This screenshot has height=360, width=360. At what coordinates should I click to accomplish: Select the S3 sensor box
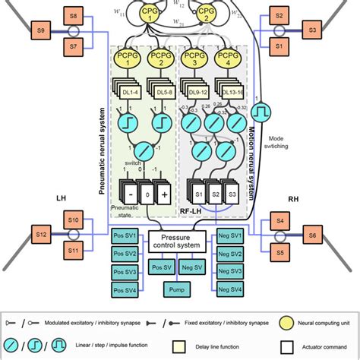[311, 32]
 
